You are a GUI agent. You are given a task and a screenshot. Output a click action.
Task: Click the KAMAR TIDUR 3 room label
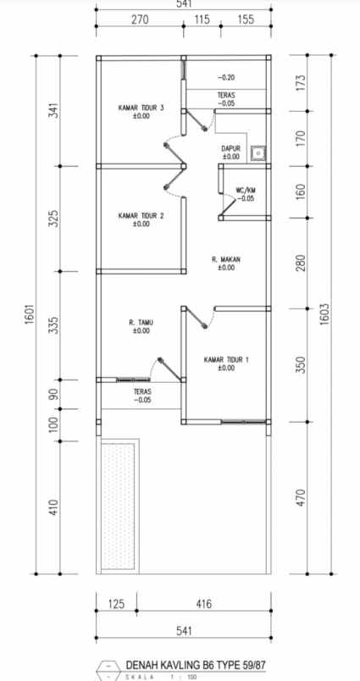(x=141, y=108)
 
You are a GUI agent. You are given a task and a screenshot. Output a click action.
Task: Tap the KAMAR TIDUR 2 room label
(x=141, y=216)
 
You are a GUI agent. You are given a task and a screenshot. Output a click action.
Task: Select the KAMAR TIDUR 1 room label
(x=226, y=360)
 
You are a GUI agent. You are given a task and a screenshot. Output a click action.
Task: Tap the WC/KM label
(x=245, y=191)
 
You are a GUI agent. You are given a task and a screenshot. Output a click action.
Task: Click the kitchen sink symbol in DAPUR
(x=258, y=152)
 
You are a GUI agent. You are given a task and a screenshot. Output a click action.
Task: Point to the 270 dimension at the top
(x=140, y=20)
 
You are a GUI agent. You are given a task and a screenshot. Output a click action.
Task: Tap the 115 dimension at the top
(x=202, y=20)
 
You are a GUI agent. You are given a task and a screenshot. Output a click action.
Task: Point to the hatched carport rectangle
(x=118, y=505)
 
